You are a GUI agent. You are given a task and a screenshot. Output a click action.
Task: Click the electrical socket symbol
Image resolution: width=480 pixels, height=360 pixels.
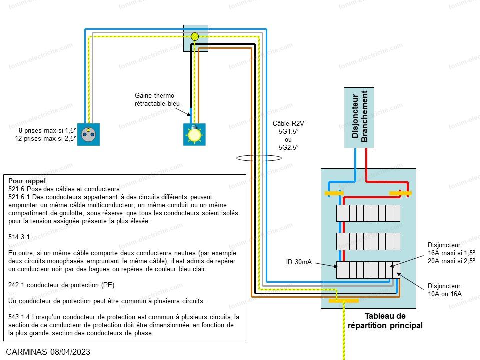click(x=89, y=134)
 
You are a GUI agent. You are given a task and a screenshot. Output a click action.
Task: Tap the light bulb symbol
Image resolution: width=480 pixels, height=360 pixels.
click(x=194, y=134)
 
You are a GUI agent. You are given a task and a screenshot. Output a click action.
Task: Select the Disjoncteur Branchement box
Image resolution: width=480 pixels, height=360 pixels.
click(x=359, y=118)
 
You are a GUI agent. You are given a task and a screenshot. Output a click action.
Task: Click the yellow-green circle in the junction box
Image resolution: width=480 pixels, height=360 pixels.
click(x=195, y=37)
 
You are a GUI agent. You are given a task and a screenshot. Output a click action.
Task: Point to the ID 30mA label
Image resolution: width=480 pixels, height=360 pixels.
click(x=299, y=262)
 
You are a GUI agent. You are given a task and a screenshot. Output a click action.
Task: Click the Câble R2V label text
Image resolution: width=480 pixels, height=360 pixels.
click(x=288, y=123)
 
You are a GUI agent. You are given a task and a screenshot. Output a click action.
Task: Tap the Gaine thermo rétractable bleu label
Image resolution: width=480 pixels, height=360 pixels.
click(x=157, y=100)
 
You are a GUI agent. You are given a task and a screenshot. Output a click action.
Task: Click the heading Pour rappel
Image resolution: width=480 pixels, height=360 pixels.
click(x=27, y=181)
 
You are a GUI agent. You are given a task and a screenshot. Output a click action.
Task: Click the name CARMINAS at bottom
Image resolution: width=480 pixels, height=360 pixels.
click(x=27, y=352)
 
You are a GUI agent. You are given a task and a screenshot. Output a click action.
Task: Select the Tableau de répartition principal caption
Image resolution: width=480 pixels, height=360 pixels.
click(x=385, y=321)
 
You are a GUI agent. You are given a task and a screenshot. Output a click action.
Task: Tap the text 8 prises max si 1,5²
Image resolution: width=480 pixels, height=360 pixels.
click(x=47, y=130)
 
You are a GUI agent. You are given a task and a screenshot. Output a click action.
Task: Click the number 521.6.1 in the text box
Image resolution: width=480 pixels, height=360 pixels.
click(x=19, y=197)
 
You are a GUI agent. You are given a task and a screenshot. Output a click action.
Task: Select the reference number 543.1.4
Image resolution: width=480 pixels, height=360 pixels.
click(x=19, y=317)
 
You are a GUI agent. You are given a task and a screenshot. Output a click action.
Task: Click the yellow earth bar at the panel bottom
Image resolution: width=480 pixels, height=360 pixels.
click(x=344, y=301)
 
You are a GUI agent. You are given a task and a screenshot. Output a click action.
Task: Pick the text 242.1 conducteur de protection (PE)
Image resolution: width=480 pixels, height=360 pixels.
click(x=61, y=285)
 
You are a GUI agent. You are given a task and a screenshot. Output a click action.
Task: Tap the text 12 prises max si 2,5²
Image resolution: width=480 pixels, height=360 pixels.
click(x=45, y=138)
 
